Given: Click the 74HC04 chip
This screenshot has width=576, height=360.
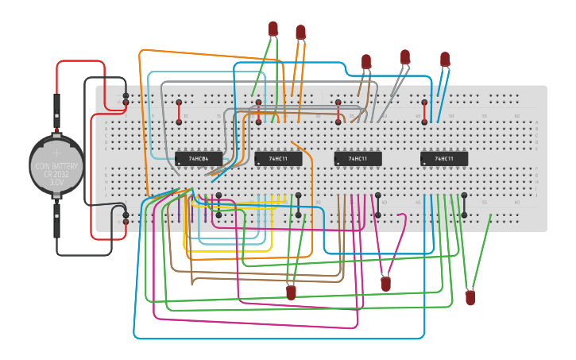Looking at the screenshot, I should [198, 159].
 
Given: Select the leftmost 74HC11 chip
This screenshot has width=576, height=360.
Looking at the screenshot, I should [278, 159].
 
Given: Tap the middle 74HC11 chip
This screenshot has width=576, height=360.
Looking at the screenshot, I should [358, 159].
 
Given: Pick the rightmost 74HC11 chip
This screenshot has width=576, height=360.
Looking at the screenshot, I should [444, 159].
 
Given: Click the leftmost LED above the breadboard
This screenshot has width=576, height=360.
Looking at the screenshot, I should [273, 29].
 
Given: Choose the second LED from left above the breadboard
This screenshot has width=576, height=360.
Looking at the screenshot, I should [300, 32].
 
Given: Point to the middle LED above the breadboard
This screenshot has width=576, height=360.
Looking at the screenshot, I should [366, 61].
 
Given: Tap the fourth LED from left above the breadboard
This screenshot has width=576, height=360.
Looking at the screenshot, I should [405, 56].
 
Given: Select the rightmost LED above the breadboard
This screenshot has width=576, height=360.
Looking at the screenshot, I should [445, 59].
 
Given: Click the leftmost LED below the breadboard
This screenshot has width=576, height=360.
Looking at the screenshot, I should [291, 292].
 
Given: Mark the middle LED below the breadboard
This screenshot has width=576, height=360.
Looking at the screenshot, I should [386, 284].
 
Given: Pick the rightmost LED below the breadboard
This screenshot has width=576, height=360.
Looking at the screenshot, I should [470, 298].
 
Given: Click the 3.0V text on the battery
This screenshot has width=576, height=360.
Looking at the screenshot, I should [56, 182].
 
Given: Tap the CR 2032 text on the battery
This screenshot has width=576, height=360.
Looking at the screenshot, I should [56, 174].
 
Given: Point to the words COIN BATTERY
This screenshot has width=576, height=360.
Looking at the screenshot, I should [56, 166].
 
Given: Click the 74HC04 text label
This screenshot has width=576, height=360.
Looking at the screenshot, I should [199, 159].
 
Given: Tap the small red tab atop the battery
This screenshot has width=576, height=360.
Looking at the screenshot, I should [56, 132].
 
